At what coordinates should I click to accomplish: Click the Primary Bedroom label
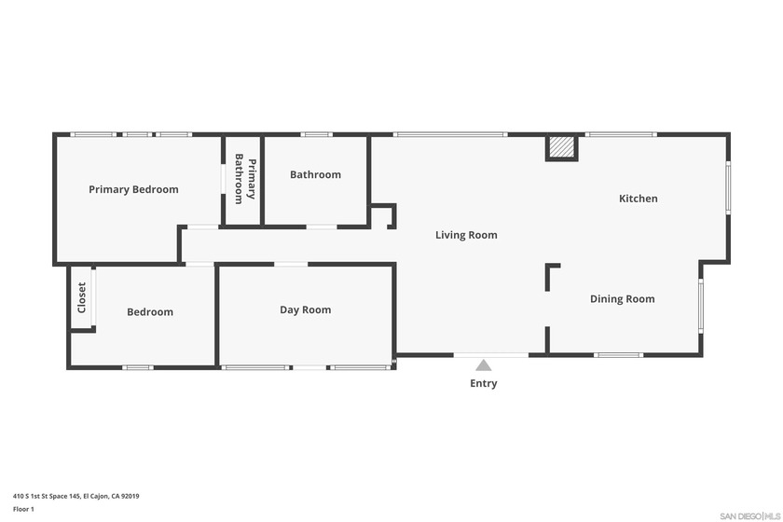point(133,189)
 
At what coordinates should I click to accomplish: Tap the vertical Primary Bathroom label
point(244,178)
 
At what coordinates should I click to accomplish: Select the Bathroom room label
point(315,174)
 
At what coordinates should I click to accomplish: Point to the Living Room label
point(466,235)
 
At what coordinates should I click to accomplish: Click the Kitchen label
point(639,199)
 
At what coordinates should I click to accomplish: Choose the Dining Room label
point(622,299)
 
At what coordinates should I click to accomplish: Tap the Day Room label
point(305,309)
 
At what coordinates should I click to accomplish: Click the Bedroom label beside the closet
point(150,312)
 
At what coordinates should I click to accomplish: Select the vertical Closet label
point(82,297)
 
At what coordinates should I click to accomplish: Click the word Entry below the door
point(484,383)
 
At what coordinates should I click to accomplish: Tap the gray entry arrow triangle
point(484,365)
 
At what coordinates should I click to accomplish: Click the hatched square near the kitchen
point(561,147)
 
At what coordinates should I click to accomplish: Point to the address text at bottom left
point(76,496)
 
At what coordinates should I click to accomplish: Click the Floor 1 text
point(23,509)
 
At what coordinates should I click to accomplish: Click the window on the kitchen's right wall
point(728,187)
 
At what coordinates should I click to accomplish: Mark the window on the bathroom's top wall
point(316,134)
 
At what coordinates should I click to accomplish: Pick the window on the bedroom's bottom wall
point(137,367)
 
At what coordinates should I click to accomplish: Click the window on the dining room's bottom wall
point(618,354)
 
